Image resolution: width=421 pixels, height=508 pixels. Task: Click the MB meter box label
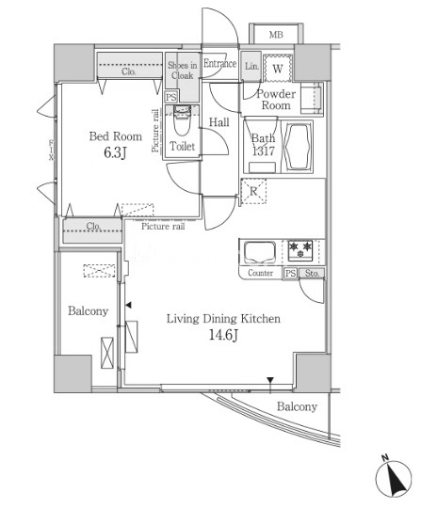tap(276, 35)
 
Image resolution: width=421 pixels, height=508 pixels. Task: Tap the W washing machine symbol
tap(278, 69)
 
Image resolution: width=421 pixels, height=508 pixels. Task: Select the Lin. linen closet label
tap(251, 66)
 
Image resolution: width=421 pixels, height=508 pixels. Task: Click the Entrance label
tap(219, 64)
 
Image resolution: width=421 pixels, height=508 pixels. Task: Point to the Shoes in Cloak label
tap(183, 71)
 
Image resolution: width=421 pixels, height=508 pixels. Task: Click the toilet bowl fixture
tap(182, 120)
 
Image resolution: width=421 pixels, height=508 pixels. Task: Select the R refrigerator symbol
tap(253, 191)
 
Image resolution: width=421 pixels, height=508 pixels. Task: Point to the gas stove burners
tap(300, 250)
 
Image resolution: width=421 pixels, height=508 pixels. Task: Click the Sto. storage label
tap(312, 274)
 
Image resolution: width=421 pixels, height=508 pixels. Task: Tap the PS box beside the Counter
tap(291, 274)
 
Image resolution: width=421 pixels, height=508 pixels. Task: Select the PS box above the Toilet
tap(170, 97)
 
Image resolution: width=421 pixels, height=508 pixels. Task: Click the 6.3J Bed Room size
tap(115, 152)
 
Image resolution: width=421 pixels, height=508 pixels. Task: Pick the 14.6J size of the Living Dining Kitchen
tap(223, 335)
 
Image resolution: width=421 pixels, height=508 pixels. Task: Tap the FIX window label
tap(51, 150)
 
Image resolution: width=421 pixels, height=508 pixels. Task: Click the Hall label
tap(219, 122)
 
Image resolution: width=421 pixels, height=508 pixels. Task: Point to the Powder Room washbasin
tap(312, 99)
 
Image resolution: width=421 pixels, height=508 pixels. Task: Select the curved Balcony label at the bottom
tap(297, 406)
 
